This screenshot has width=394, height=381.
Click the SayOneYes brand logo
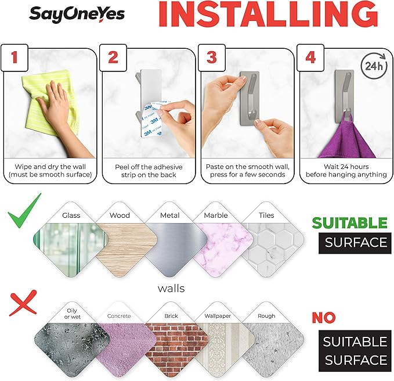click(77, 15)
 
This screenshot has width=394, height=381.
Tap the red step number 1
click(15, 57)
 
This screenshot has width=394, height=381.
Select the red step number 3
click(212, 57)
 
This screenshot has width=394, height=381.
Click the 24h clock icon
click(374, 66)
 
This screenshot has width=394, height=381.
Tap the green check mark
click(24, 211)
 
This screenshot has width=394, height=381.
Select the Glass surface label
click(71, 215)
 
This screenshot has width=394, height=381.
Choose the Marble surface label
click(216, 215)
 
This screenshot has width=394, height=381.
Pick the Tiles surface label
click(266, 215)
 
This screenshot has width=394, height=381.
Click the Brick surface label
click(171, 316)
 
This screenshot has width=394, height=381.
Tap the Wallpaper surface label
click(218, 316)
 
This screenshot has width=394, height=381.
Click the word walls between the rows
click(171, 289)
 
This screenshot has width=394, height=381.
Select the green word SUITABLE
click(349, 222)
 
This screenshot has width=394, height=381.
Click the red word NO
click(324, 318)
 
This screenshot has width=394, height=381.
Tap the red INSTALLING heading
click(268, 14)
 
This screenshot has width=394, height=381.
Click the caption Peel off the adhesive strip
click(149, 171)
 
